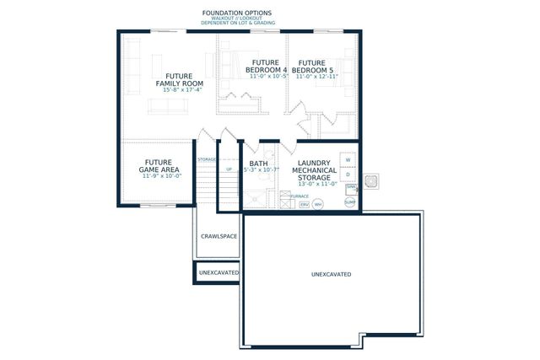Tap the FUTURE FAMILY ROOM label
179,79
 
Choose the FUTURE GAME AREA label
159,166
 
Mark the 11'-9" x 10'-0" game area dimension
159,176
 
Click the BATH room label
258,164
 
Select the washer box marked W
347,159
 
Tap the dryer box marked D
347,175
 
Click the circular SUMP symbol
349,202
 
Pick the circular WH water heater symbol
318,204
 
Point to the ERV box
305,204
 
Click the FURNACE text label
288,196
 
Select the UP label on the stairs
229,169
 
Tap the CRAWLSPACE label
218,237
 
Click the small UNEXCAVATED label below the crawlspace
219,273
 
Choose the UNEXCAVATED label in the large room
331,275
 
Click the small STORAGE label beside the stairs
207,159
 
